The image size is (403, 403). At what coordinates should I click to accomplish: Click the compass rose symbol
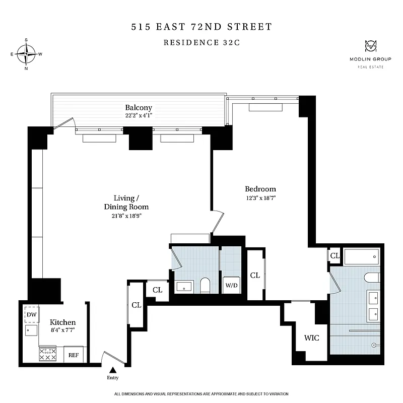point(26,53)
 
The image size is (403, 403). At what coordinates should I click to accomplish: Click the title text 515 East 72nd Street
point(201,26)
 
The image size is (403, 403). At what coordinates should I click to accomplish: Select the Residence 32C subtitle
point(201,42)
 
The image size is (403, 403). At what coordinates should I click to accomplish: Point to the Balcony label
point(139,108)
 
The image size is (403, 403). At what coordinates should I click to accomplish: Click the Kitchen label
point(62,322)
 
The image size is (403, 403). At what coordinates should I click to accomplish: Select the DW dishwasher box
point(32,314)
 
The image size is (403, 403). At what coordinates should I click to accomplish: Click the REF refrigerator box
point(74,355)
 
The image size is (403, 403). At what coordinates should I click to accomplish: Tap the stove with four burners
point(47,354)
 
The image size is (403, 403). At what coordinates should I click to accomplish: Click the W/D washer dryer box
point(231,285)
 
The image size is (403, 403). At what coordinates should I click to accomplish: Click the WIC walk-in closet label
point(311,338)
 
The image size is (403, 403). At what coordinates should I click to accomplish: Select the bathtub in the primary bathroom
point(361,256)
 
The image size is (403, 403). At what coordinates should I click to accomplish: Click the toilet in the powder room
point(205,285)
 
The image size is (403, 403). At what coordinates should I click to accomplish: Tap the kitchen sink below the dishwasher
point(31,331)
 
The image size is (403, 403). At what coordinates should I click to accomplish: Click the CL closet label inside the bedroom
point(255,275)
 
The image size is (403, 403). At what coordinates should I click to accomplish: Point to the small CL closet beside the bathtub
point(334,256)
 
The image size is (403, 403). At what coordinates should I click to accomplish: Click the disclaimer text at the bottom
point(201,393)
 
